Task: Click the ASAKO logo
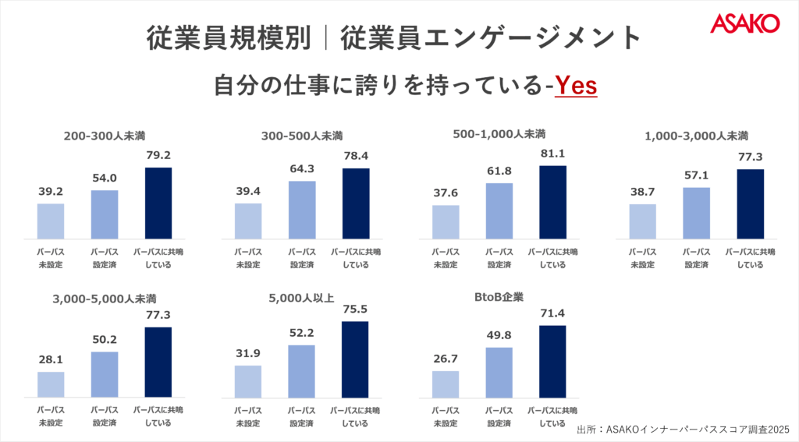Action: (x=744, y=23)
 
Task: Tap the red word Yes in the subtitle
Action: (x=576, y=85)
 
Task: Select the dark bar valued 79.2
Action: (x=158, y=203)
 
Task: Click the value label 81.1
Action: (x=552, y=154)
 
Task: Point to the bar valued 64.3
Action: (x=302, y=210)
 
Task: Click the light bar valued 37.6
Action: (x=446, y=221)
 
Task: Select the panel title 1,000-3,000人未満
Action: (x=697, y=136)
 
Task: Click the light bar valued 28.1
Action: (x=51, y=384)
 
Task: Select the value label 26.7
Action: (x=446, y=359)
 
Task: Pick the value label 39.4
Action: (x=249, y=192)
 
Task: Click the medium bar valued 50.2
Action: (x=105, y=374)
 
